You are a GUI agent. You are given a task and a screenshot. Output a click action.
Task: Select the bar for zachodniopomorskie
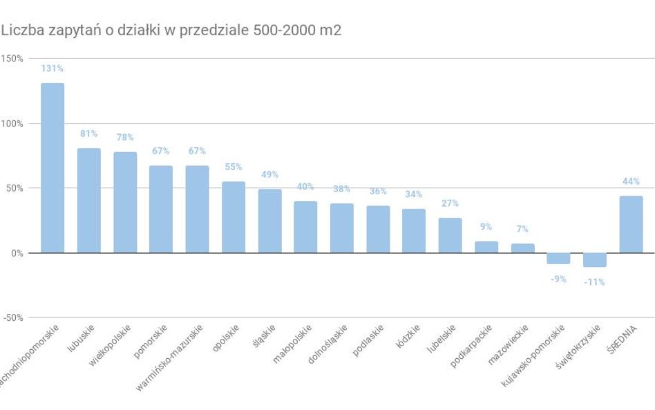(x=53, y=168)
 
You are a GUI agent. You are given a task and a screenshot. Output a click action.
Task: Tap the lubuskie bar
(x=88, y=201)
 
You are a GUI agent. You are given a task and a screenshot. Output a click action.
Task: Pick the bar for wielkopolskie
(x=125, y=203)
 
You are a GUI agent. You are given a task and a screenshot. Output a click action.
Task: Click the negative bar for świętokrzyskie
(x=595, y=260)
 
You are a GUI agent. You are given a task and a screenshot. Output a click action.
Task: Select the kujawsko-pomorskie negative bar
(x=558, y=259)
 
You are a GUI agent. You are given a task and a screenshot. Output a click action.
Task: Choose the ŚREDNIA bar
(x=631, y=224)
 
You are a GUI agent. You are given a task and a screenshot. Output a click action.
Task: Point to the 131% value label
(x=53, y=68)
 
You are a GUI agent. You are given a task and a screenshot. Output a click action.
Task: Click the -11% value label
(x=594, y=282)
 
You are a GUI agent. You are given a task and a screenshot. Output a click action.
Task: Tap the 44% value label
(x=631, y=181)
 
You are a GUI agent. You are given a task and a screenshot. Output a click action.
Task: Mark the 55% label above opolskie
(x=234, y=167)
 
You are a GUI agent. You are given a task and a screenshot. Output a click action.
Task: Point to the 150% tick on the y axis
(x=12, y=58)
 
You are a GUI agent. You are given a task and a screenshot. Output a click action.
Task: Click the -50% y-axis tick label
(x=12, y=317)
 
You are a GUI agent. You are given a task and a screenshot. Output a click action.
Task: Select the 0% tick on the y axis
(x=16, y=253)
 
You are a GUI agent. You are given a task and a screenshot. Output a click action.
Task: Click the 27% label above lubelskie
(x=450, y=203)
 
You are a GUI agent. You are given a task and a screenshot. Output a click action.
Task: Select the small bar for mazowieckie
(x=522, y=248)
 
